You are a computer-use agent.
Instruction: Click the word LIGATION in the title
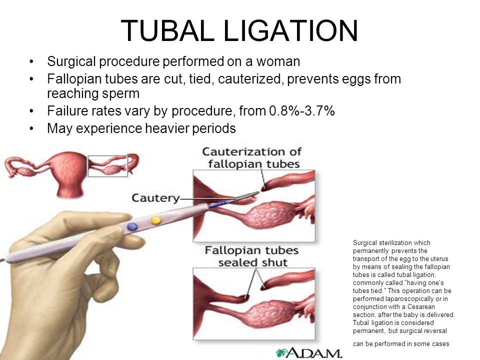[x=291, y=30]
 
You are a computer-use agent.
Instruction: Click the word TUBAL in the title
[x=168, y=30]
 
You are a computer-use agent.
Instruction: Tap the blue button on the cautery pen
[x=132, y=226]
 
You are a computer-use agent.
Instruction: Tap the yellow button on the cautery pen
[x=155, y=220]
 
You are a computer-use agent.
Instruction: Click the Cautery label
[x=155, y=198]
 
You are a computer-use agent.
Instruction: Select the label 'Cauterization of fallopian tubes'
[x=251, y=157]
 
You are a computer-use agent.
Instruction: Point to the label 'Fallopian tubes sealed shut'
[x=251, y=256]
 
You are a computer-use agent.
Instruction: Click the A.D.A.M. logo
[x=308, y=352]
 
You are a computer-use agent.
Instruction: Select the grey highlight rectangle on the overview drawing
[x=108, y=156]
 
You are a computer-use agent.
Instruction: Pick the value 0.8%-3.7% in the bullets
[x=302, y=110]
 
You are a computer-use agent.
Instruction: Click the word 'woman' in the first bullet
[x=278, y=61]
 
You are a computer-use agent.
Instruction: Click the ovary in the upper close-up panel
[x=269, y=215]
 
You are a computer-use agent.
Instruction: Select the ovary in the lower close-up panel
[x=269, y=314]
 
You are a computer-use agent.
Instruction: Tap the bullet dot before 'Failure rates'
[x=31, y=111]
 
